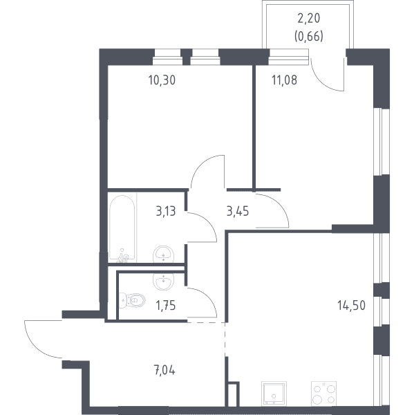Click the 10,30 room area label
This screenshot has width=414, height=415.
pyautogui.click(x=162, y=80)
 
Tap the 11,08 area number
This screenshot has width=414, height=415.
pyautogui.click(x=284, y=80)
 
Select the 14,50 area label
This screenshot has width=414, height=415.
pyautogui.click(x=352, y=305)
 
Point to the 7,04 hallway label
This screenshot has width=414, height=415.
pyautogui.click(x=164, y=370)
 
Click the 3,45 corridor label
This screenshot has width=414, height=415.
pyautogui.click(x=238, y=212)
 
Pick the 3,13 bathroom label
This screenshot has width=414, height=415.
pyautogui.click(x=166, y=212)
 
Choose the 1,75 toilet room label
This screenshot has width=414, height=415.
pyautogui.click(x=166, y=306)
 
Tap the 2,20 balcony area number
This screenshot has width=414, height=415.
pyautogui.click(x=309, y=18)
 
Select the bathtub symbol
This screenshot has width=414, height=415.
pyautogui.click(x=122, y=229)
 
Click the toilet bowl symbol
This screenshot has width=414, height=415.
pyautogui.click(x=132, y=300)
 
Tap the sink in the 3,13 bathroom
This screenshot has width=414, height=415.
pyautogui.click(x=164, y=255)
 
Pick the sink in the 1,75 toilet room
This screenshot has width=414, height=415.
pyautogui.click(x=164, y=282)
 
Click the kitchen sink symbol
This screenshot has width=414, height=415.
pyautogui.click(x=274, y=394)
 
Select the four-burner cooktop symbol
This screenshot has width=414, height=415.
pyautogui.click(x=323, y=394)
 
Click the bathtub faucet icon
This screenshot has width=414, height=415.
pyautogui.click(x=123, y=256)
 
